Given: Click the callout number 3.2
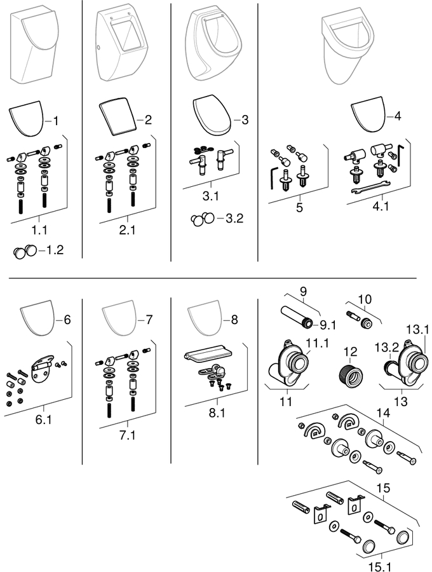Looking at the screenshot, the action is (x=234, y=218).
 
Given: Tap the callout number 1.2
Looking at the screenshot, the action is (x=55, y=250).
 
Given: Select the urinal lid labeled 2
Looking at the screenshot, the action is (x=118, y=118).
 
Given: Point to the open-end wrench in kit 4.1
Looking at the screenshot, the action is (x=371, y=187).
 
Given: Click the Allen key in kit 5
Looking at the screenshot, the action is (x=273, y=178).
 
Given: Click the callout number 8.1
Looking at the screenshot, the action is (x=217, y=412).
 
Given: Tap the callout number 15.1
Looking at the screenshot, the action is (x=379, y=566).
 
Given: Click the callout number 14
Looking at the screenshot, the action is (x=383, y=412).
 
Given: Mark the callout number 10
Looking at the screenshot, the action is (x=365, y=299).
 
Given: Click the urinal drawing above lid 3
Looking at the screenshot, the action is (x=213, y=44).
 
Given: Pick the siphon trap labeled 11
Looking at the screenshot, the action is (x=288, y=367).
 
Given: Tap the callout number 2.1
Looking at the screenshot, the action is (x=127, y=230).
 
